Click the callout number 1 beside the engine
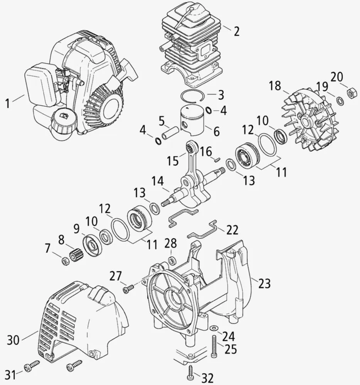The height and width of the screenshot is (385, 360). [7, 103]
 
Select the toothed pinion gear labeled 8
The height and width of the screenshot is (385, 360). [76, 254]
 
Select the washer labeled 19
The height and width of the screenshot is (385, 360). [340, 101]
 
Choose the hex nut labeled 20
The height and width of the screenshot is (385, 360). [352, 93]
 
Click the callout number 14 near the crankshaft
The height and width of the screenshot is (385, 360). [157, 181]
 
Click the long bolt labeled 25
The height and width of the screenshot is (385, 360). [214, 346]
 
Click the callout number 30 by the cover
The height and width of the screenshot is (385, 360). [13, 340]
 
